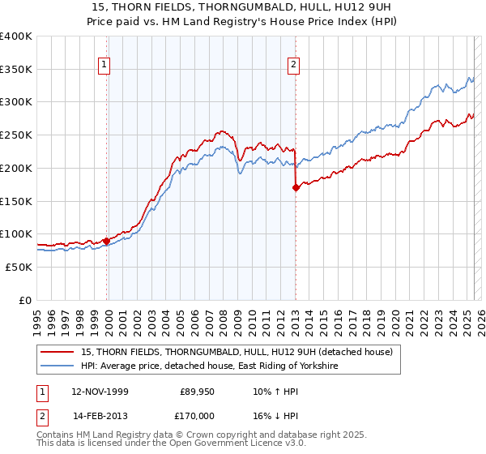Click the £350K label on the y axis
coord(16,69)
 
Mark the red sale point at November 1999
coord(106,241)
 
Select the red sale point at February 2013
coord(296,187)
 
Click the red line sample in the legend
coord(58,352)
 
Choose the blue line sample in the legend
coord(58,366)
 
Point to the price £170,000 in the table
coord(197,415)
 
